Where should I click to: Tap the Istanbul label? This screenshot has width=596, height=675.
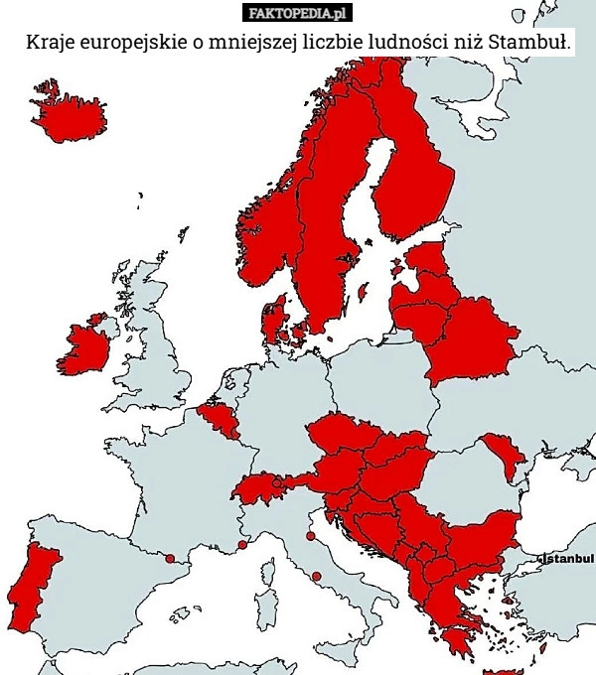569,560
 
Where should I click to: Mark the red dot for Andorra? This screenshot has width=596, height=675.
169,559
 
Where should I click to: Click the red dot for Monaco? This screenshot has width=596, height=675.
242,544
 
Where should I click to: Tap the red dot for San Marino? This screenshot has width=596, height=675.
310,536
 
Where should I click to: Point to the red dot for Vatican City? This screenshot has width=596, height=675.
316,576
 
